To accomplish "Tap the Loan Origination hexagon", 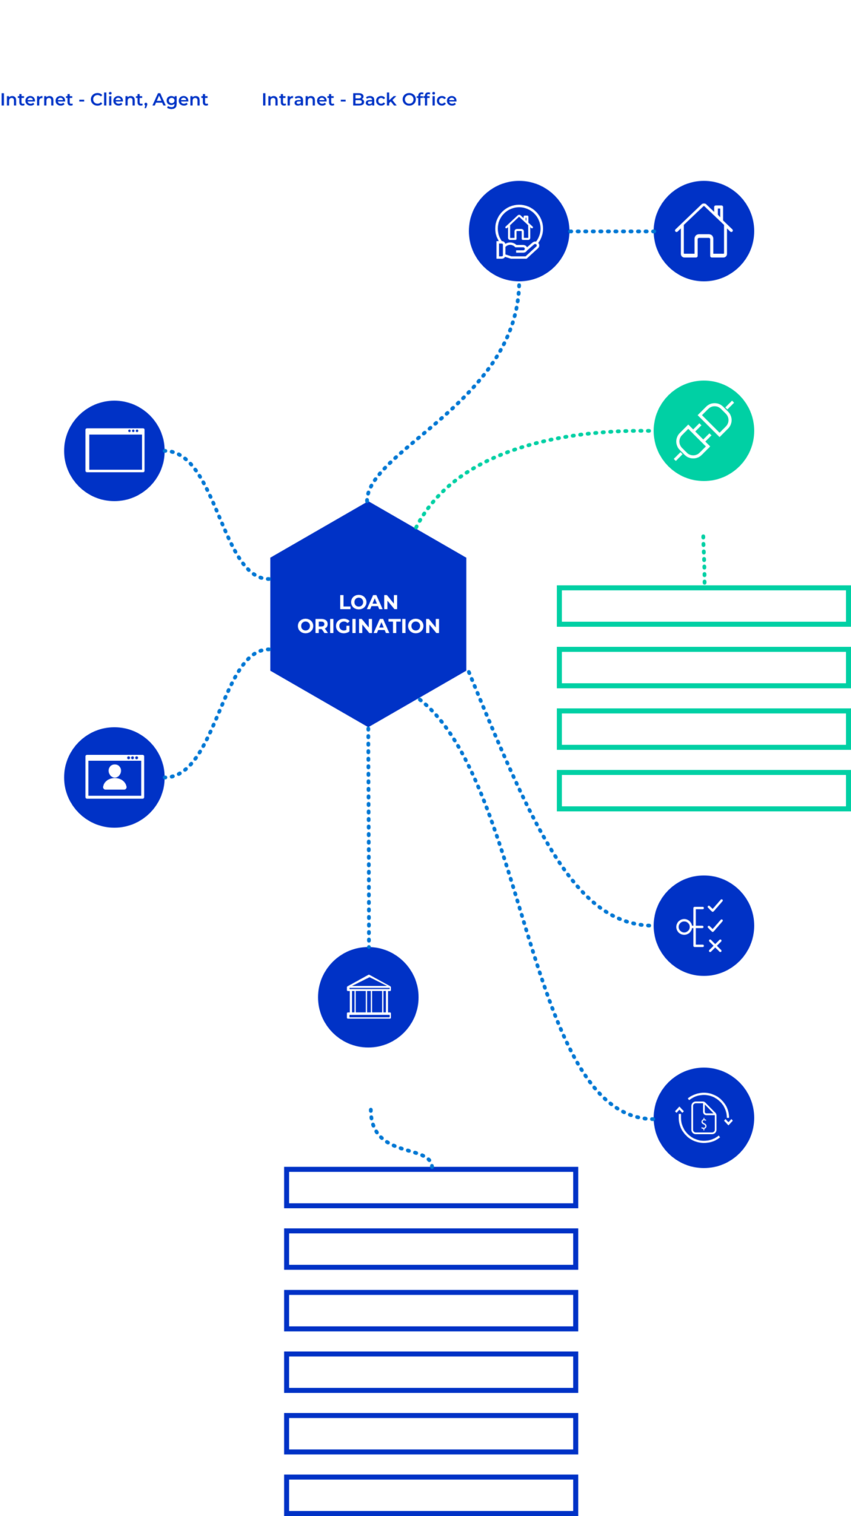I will (368, 614).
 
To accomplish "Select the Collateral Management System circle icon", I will (518, 231).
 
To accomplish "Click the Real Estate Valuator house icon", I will (704, 231).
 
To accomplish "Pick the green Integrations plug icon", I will (704, 431).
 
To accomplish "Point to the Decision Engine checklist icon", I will (704, 925).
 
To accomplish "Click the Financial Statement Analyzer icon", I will (704, 1118).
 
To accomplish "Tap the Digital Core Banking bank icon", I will (368, 997).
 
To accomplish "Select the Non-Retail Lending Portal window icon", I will (114, 451).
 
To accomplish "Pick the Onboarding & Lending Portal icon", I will (114, 777).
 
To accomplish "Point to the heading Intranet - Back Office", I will (358, 99).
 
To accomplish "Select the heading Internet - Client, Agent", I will (104, 99).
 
